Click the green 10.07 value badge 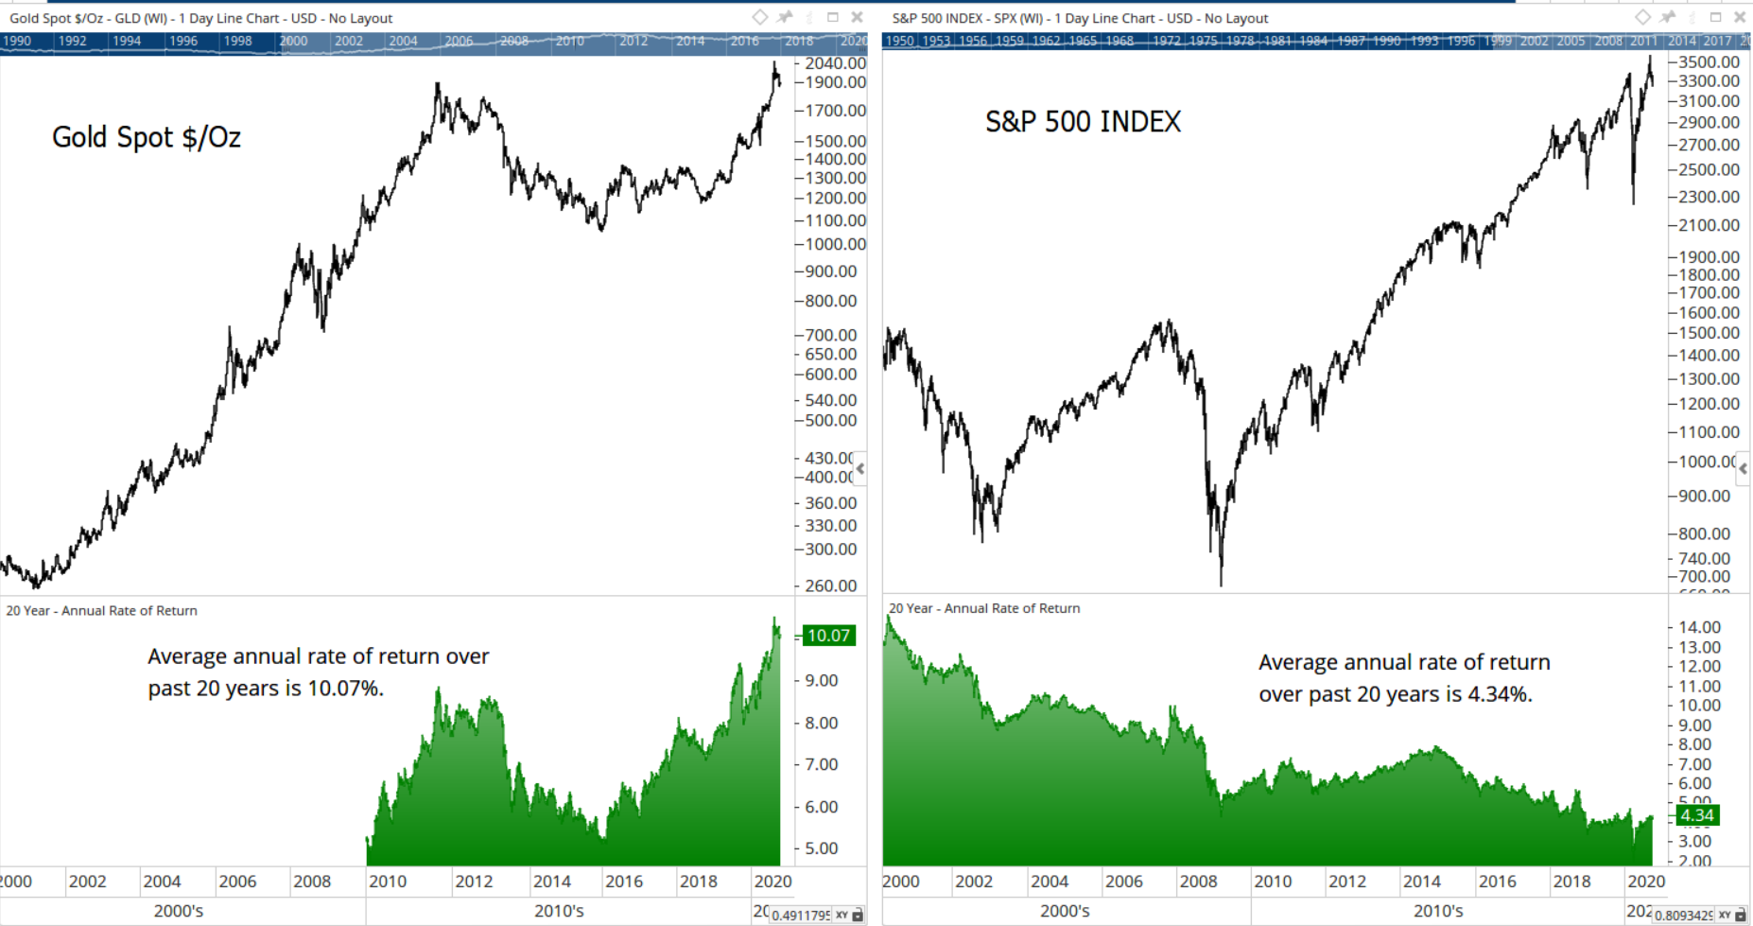[x=828, y=636]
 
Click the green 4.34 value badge [x=1696, y=815]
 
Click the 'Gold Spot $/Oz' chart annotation [x=147, y=138]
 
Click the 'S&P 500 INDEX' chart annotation [x=1083, y=122]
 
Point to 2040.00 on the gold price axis [x=835, y=63]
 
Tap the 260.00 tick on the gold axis [x=831, y=585]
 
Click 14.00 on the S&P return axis [x=1698, y=627]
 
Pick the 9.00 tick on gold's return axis [x=821, y=680]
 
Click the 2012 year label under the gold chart [x=474, y=882]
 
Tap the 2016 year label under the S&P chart [x=1497, y=882]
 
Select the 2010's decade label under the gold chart [x=559, y=912]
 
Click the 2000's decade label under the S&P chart [x=1065, y=912]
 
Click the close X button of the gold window [x=857, y=17]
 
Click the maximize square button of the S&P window [x=1715, y=17]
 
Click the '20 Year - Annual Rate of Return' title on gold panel [x=102, y=611]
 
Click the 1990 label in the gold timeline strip [x=17, y=41]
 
